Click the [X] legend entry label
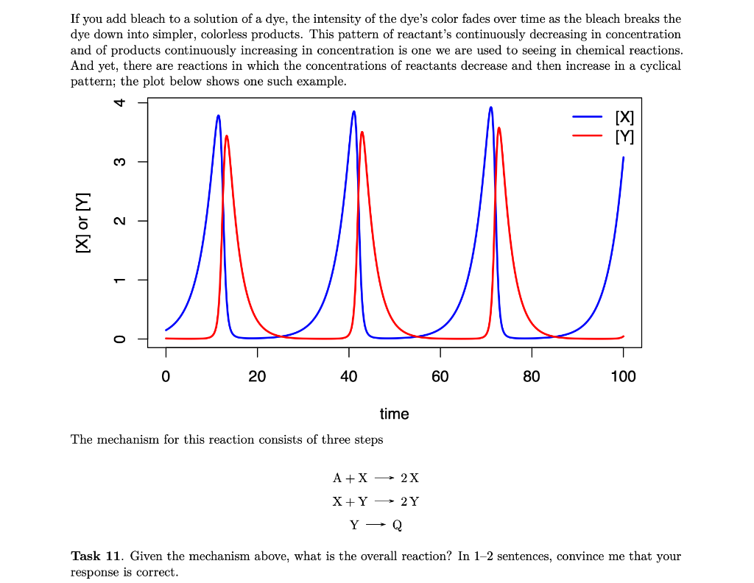pos(624,117)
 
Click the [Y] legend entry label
pos(624,136)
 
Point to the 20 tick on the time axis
pos(257,377)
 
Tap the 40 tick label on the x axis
pos(348,377)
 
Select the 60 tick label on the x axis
pos(440,377)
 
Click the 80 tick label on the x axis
pos(531,377)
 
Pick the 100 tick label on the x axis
pos(623,377)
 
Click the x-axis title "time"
pos(394,414)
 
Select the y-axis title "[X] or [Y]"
pos(83,221)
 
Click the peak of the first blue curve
pos(218,116)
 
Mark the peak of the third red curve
pos(499,128)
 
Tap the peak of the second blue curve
pos(354,111)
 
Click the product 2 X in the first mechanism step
pos(410,478)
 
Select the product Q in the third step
pos(398,526)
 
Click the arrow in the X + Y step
pos(384,502)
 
